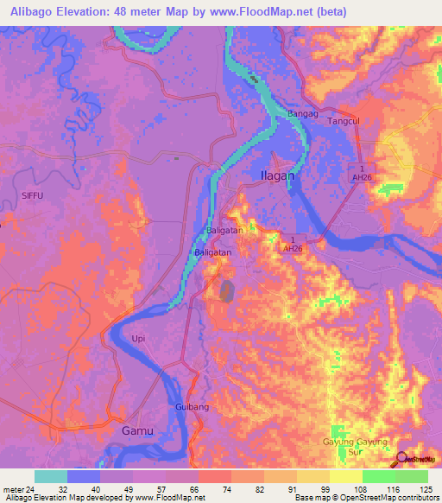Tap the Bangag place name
click(303, 113)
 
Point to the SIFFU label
click(32, 196)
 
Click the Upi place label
click(139, 337)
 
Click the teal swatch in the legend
click(51, 476)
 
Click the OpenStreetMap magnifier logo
click(401, 459)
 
